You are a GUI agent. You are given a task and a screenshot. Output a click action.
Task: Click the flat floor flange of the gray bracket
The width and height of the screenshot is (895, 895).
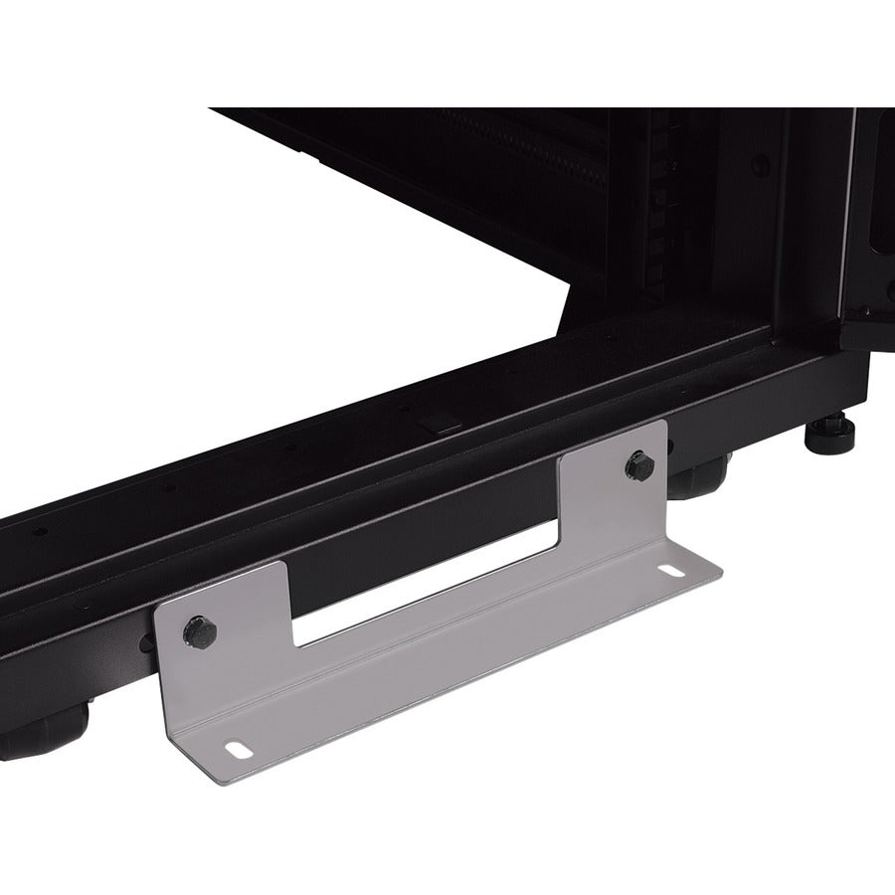pos(447,666)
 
